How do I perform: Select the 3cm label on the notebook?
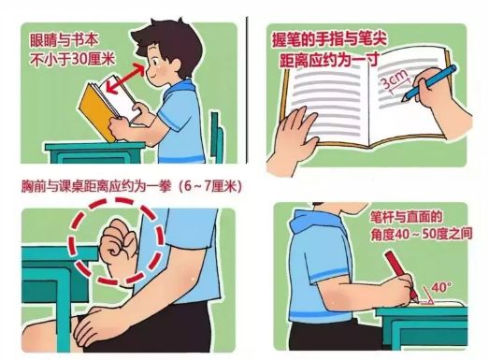point(395,79)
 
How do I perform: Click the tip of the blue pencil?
point(404,100)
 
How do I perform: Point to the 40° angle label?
point(440,287)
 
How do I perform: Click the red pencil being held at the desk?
point(402,276)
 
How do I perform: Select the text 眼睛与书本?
point(65,40)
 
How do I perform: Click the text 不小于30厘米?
point(72,59)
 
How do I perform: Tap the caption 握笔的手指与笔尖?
point(329,38)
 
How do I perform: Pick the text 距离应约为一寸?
point(329,59)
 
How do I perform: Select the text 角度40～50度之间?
point(422,235)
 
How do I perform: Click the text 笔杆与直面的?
point(406,216)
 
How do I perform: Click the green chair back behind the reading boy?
point(217,137)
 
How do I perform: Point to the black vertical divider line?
point(247,90)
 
